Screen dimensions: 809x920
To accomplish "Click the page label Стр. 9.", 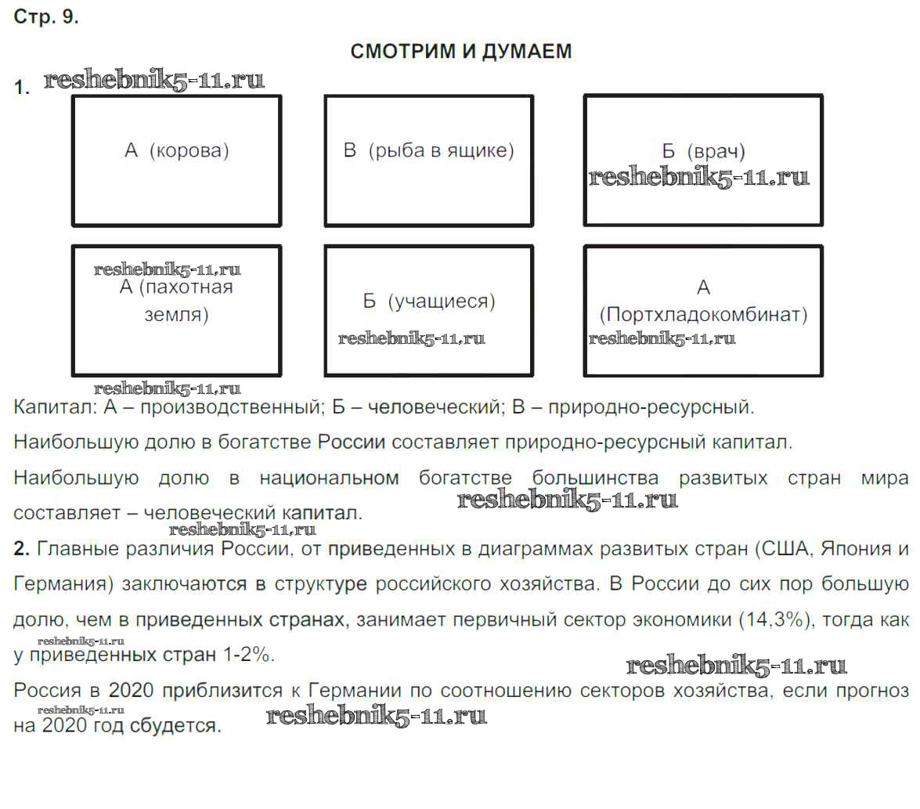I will coord(46,18).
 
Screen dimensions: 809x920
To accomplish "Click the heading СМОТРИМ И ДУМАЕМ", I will coord(461,52).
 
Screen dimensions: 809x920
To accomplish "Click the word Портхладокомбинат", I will coord(703,315).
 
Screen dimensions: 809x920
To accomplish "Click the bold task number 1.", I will coord(22,88).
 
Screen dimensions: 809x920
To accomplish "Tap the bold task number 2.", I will coord(22,549).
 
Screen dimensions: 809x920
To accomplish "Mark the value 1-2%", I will coord(248,656).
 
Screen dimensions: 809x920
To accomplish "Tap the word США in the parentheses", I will coord(782,549).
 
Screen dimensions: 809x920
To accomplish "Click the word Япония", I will coord(853,549).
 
